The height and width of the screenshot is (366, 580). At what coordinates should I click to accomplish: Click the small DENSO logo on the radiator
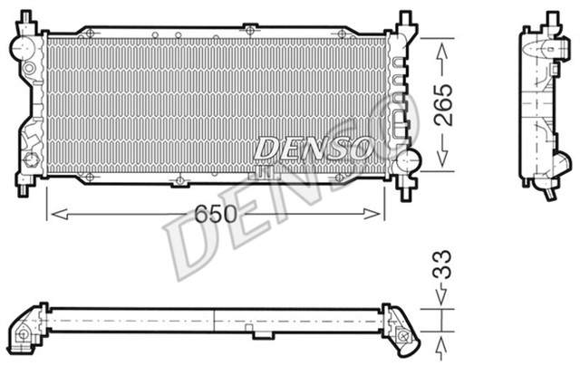[313, 147]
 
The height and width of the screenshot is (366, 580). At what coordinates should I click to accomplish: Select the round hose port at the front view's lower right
[411, 164]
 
